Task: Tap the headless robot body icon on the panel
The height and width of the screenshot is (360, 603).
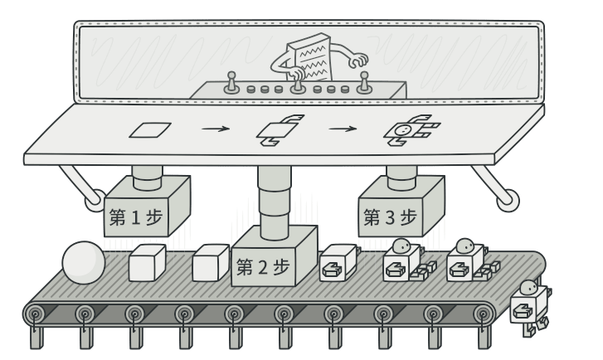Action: point(278,130)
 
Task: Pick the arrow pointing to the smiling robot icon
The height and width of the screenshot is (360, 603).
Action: point(342,129)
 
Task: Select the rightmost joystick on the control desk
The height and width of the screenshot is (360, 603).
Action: point(362,81)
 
